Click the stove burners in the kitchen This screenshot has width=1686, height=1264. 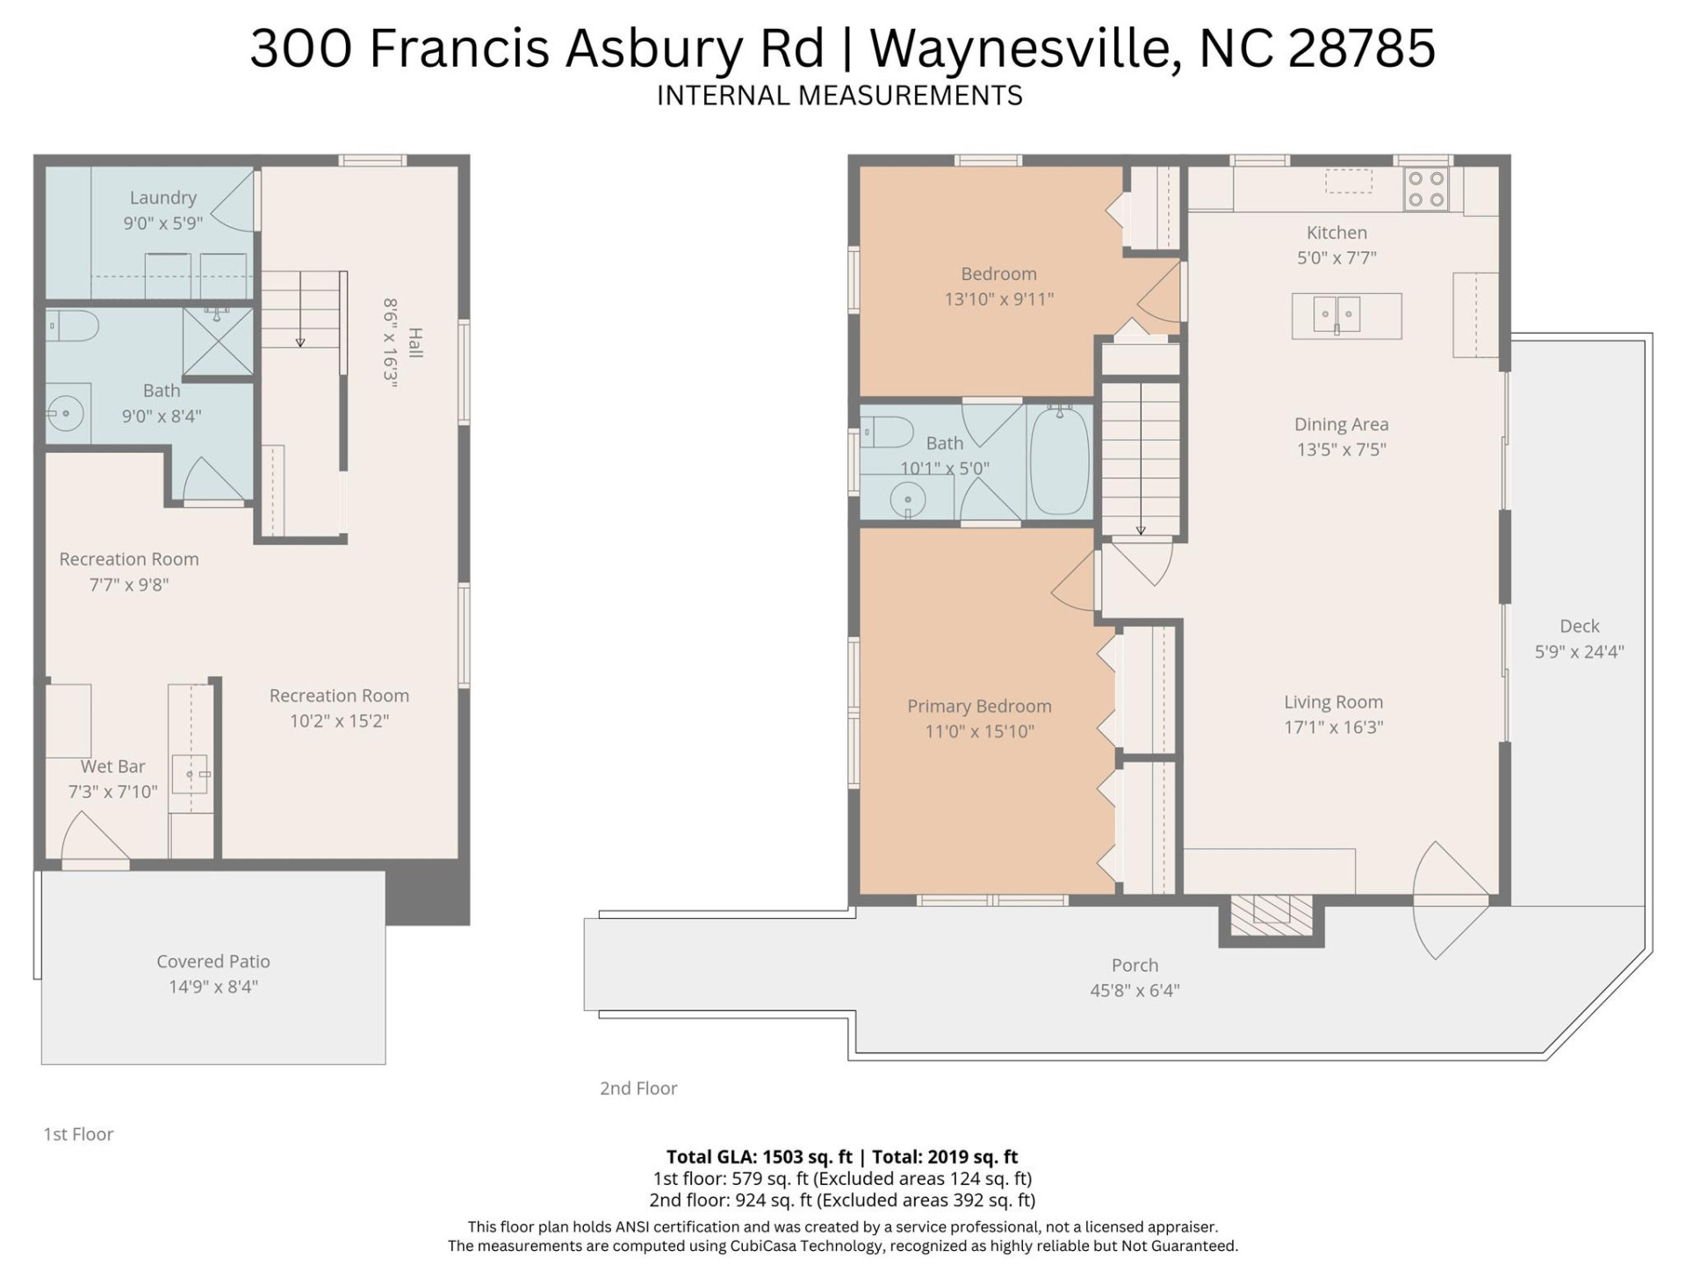tap(1426, 189)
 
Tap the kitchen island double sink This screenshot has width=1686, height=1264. tap(1337, 314)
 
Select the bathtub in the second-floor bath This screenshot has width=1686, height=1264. tap(1059, 460)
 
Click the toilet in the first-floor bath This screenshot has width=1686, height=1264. tap(72, 326)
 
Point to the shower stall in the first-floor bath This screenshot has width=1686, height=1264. tap(218, 341)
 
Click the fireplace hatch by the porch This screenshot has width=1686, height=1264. tap(1271, 915)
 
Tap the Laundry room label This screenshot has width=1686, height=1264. tap(163, 197)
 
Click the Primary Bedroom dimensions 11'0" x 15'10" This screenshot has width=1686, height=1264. tap(979, 731)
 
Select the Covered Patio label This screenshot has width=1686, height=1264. tap(213, 961)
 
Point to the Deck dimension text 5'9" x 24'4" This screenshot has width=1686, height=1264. tap(1579, 651)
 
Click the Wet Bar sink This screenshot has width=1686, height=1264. tap(190, 773)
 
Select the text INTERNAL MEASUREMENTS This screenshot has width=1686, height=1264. tap(839, 95)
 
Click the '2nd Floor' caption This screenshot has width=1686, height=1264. tap(638, 1088)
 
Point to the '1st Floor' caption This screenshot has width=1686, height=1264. tap(78, 1134)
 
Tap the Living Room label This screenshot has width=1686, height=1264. tap(1333, 701)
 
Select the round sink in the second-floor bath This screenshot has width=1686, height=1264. tap(907, 501)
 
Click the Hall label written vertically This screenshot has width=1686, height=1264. tap(415, 342)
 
